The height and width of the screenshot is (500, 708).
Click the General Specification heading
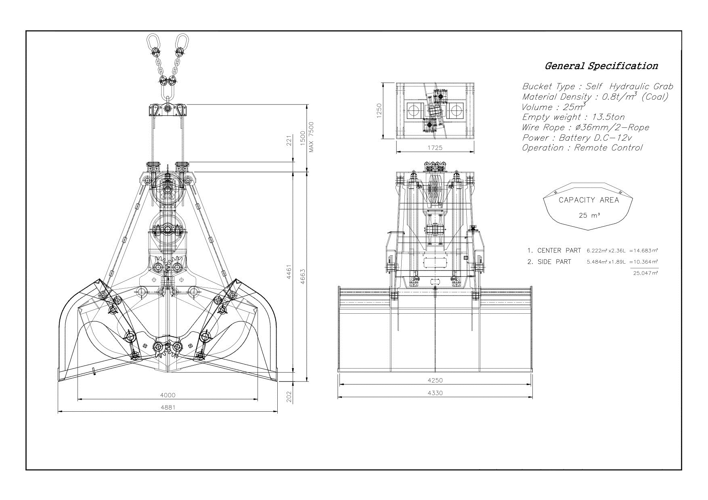click(x=601, y=66)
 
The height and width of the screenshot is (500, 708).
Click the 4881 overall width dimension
click(x=168, y=407)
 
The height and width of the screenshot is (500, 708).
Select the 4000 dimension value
click(x=168, y=395)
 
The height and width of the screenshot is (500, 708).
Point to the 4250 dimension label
click(x=435, y=380)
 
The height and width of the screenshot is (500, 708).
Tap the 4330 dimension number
click(x=435, y=393)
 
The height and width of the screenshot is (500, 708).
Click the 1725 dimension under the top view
click(x=435, y=148)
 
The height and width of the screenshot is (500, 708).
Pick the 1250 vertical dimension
click(x=379, y=111)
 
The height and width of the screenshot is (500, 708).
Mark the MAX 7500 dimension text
click(x=311, y=137)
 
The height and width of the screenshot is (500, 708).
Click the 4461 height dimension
click(x=289, y=273)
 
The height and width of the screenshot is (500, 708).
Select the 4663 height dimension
click(x=303, y=277)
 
